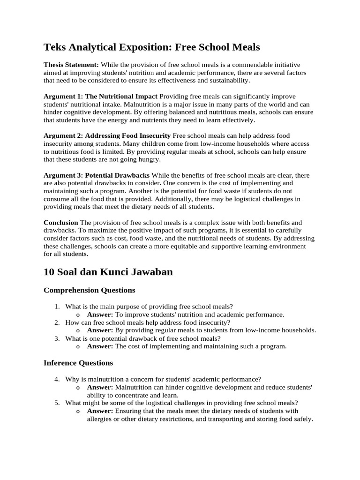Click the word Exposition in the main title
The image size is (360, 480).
tap(143, 47)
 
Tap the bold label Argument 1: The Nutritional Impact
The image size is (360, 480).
tap(100, 96)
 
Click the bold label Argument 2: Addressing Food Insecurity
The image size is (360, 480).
tap(107, 136)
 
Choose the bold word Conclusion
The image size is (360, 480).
tap(61, 223)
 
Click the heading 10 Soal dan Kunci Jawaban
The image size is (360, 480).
tap(108, 272)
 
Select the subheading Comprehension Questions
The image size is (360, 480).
tap(89, 290)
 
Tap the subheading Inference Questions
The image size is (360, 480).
tap(78, 363)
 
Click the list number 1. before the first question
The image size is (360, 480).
tap(57, 307)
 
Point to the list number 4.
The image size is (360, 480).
tap(57, 379)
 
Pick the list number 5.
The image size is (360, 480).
tap(57, 403)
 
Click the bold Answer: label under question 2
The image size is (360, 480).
tap(100, 330)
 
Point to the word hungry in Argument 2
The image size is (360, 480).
tap(150, 160)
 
